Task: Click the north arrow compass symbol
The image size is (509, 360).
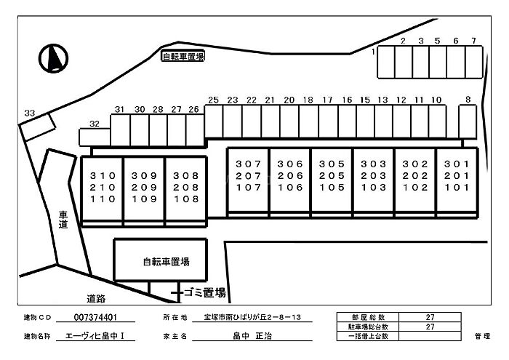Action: click(53, 58)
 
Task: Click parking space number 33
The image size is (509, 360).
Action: click(37, 127)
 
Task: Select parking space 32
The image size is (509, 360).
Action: click(95, 137)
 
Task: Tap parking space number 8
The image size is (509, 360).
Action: click(468, 121)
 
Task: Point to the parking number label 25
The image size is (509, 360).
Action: click(213, 100)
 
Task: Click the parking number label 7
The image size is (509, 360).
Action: click(473, 41)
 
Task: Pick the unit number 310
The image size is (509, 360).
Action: click(103, 175)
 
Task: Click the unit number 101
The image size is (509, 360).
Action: click(457, 188)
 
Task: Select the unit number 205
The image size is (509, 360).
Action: click(332, 175)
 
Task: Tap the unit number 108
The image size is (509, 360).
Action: click(186, 199)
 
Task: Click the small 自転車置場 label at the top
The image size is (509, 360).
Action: click(183, 57)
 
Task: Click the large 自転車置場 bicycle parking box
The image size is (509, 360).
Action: click(161, 260)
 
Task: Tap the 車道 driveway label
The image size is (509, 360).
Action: click(63, 220)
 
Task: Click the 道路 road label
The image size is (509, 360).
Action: click(96, 299)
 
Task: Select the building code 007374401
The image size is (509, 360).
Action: click(95, 317)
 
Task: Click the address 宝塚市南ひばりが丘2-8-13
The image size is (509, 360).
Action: click(252, 317)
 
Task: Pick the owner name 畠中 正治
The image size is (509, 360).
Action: click(252, 336)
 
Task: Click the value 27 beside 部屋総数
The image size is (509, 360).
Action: click(430, 317)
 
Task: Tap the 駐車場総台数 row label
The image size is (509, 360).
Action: click(368, 327)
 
